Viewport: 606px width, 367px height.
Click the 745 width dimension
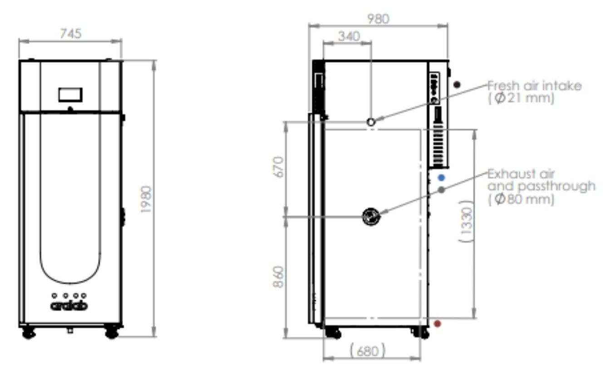pos(71,34)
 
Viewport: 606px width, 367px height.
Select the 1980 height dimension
pos(146,199)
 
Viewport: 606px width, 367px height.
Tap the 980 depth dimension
pos(378,19)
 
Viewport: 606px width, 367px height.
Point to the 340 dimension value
pos(349,36)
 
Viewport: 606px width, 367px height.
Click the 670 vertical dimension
pos(279,167)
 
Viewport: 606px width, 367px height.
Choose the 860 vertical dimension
pos(278,277)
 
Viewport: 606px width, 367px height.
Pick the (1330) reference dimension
pos(467,221)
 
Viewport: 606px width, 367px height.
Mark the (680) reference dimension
pos(367,351)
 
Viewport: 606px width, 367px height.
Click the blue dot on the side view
pos(441,178)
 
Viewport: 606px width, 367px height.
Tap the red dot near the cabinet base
pos(437,324)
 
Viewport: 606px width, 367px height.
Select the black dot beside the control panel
pos(457,85)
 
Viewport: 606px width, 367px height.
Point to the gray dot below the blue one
pos(441,190)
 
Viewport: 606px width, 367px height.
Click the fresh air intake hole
pos(371,122)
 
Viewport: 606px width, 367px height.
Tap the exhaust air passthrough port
pos(371,216)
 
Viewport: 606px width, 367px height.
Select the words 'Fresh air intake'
pos(534,86)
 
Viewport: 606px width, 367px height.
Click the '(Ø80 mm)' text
pos(521,199)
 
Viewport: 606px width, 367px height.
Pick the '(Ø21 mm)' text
pos(521,98)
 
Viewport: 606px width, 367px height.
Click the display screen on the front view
pos(70,95)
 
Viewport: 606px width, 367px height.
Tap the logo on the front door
pos(69,306)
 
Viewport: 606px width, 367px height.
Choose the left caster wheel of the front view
pos(29,333)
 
